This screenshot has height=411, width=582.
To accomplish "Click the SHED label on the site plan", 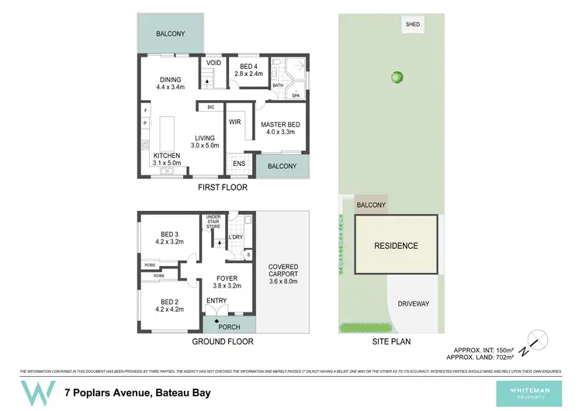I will (413, 25).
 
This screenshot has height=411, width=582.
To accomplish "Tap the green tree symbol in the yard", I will (397, 77).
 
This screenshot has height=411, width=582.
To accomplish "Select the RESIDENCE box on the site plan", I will (397, 246).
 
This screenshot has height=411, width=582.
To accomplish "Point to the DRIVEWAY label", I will (413, 303).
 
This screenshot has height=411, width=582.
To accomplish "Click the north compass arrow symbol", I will (534, 342).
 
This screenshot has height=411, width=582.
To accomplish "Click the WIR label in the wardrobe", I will (236, 123).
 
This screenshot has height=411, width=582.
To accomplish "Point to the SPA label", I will (296, 95).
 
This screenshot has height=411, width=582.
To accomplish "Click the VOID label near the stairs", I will (214, 63).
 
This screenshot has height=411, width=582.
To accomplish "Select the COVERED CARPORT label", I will (282, 273).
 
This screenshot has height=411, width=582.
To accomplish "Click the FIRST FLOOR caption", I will (223, 188).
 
